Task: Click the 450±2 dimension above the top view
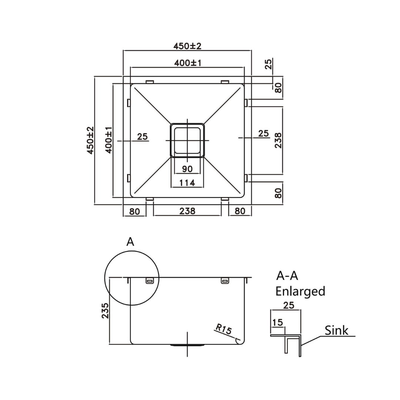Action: pos(187,46)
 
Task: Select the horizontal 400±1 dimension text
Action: pos(187,63)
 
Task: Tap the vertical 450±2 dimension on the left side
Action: pos(90,140)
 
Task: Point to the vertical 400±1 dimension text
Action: pos(109,140)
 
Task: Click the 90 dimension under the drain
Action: pos(187,169)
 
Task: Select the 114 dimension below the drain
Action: pos(187,183)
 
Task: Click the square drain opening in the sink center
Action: pos(187,140)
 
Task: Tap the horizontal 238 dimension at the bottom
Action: pos(187,211)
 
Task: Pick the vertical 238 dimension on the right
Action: pos(279,140)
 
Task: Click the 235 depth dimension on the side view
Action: pos(105,310)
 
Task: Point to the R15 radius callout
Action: pos(224,329)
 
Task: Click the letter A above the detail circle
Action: pos(130,242)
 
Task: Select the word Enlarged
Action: pos(300,291)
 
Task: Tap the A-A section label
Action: pos(287,276)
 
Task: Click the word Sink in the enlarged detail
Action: pos(336,330)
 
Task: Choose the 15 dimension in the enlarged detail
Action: pos(277,323)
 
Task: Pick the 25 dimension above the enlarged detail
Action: pos(288,306)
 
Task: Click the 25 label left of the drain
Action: pos(142,136)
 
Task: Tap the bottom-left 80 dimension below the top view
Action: pos(134,211)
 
